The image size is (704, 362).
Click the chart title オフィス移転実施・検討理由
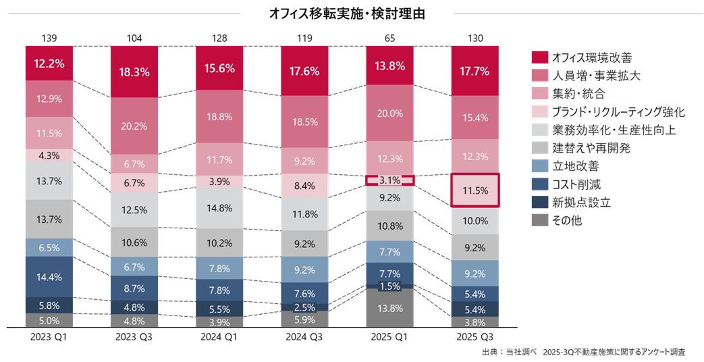(x=347, y=14)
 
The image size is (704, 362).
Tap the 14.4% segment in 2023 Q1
(x=50, y=277)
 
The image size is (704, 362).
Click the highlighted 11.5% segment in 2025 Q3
(x=475, y=190)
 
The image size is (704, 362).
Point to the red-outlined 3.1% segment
(x=389, y=180)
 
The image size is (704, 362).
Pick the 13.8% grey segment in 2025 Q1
(x=389, y=308)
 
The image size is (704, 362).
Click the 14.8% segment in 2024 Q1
(x=220, y=207)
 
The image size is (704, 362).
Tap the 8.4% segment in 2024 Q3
(x=305, y=186)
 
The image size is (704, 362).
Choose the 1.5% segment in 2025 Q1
(x=389, y=286)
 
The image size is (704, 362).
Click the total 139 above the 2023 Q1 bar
(x=50, y=38)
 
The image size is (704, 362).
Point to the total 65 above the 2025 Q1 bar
(x=389, y=38)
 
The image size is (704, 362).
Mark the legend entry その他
(x=567, y=221)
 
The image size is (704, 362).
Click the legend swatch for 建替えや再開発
(x=539, y=148)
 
